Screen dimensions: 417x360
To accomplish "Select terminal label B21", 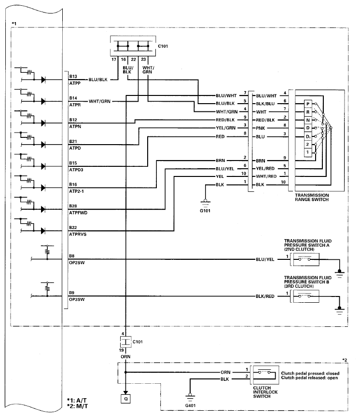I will [73, 141].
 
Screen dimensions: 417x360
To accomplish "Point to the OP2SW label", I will [75, 264].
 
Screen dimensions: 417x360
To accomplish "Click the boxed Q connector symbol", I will [125, 398].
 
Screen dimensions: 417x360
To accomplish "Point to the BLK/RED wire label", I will [265, 296].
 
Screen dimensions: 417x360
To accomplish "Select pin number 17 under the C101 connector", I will [114, 60].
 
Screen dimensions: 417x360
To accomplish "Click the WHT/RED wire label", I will [266, 176].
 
